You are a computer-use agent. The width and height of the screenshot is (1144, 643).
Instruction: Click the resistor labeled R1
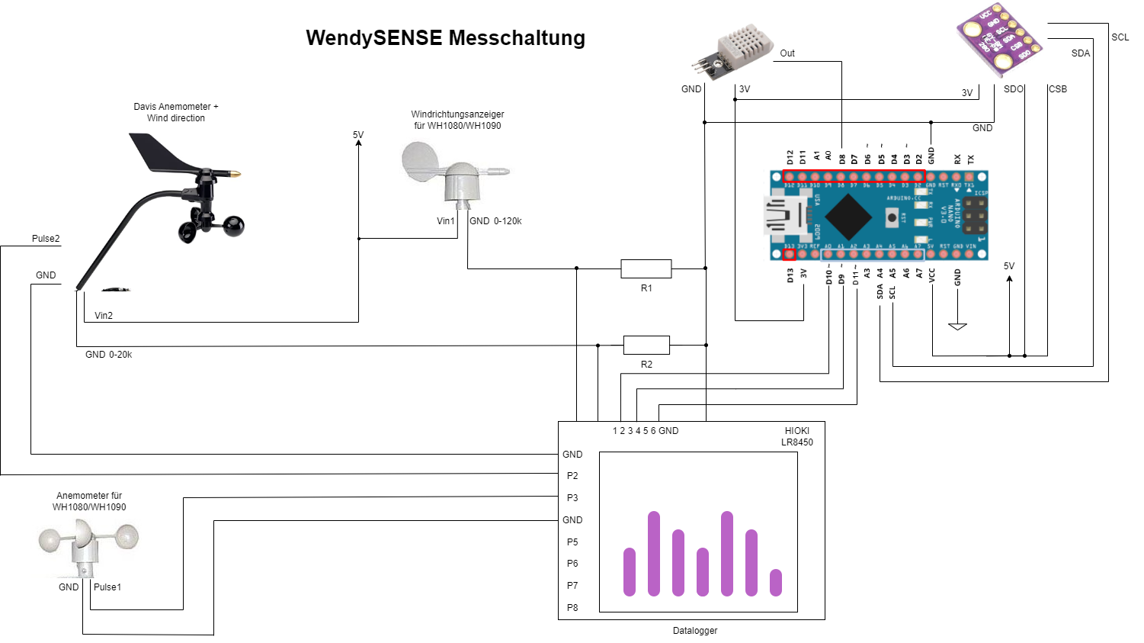[646, 268]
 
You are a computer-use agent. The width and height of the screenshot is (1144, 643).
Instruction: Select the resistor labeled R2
[646, 345]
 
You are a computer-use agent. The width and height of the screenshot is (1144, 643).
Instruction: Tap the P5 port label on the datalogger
[572, 542]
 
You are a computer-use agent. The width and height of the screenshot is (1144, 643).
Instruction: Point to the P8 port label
[572, 608]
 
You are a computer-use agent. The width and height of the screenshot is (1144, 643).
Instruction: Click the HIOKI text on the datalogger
[797, 431]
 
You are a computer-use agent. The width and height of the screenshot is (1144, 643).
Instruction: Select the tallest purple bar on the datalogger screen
[653, 553]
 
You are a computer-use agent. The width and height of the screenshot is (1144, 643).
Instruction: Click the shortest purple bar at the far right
[776, 582]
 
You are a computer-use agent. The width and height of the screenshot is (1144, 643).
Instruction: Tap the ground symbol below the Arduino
[957, 326]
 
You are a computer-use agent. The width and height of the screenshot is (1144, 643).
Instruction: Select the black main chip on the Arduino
[848, 215]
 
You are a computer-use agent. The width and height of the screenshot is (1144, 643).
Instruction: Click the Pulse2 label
[46, 239]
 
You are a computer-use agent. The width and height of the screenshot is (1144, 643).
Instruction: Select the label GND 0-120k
[495, 221]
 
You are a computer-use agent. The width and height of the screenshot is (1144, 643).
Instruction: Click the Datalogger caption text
[694, 631]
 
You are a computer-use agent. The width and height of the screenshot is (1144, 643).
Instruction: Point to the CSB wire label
[1058, 89]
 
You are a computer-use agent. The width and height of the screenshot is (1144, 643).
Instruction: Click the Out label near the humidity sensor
[787, 53]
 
